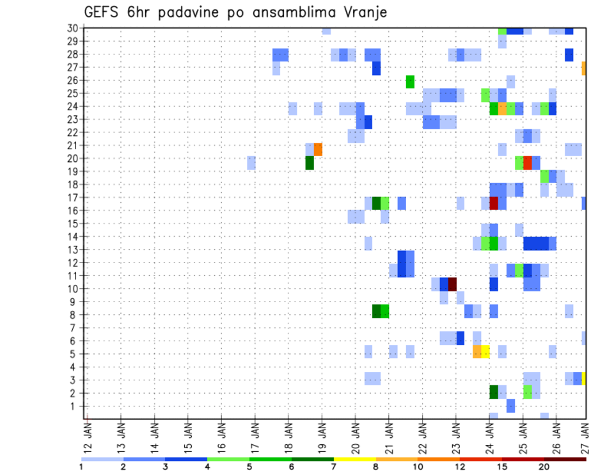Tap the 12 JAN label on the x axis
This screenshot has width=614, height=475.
[88, 435]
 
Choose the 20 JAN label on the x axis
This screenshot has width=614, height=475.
[356, 435]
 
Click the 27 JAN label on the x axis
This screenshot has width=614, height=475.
[585, 435]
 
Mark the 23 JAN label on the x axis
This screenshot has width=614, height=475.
[456, 435]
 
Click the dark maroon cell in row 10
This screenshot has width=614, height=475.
[452, 284]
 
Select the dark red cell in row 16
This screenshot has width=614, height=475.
[494, 204]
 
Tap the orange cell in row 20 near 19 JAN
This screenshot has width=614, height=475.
[318, 149]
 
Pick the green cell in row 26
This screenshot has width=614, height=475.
[410, 81]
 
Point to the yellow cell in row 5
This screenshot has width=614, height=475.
[485, 351]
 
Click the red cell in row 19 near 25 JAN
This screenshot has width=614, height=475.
[528, 163]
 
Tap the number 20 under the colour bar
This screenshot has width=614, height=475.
[544, 467]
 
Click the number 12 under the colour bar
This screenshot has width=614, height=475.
[460, 467]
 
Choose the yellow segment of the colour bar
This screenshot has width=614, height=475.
[355, 459]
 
